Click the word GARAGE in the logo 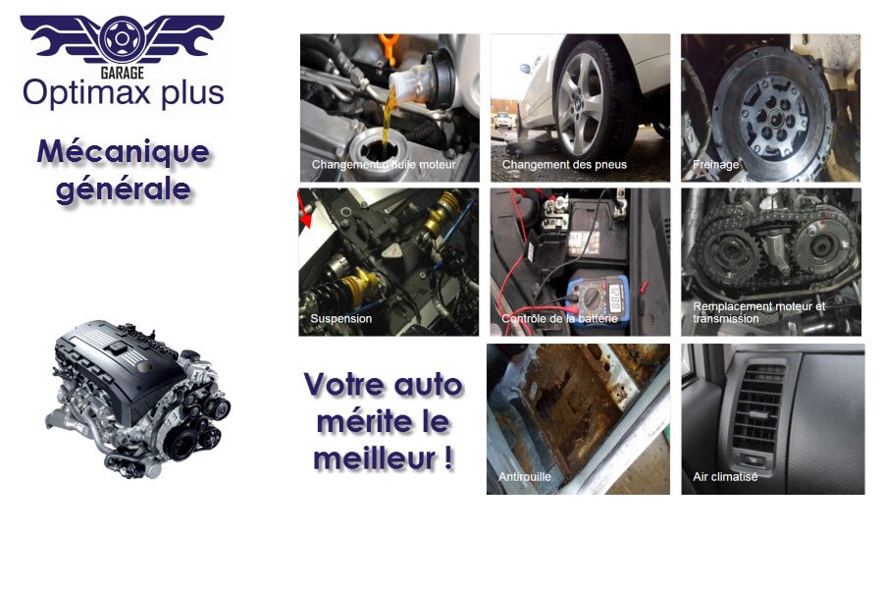(x=122, y=73)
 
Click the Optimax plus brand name (x=123, y=93)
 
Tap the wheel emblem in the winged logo (x=122, y=38)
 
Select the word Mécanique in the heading (x=123, y=152)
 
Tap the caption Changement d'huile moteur (x=384, y=165)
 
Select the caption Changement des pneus (x=564, y=165)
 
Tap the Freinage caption (x=715, y=165)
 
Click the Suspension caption (x=340, y=319)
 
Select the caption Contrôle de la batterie (x=559, y=319)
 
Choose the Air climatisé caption (x=725, y=476)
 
